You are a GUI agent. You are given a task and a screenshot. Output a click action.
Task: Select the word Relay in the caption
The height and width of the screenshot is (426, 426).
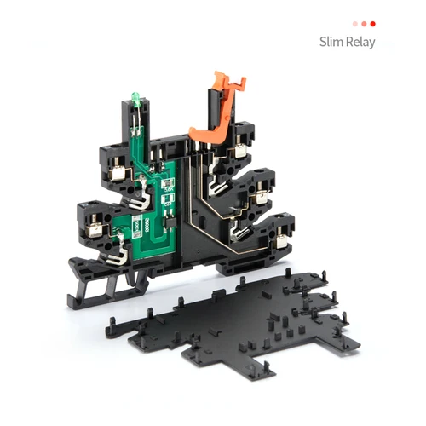pos(359,42)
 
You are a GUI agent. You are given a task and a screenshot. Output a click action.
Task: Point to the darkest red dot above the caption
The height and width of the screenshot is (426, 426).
pos(372,24)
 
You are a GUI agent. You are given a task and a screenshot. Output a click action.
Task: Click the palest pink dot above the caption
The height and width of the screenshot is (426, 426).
pos(355,24)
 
